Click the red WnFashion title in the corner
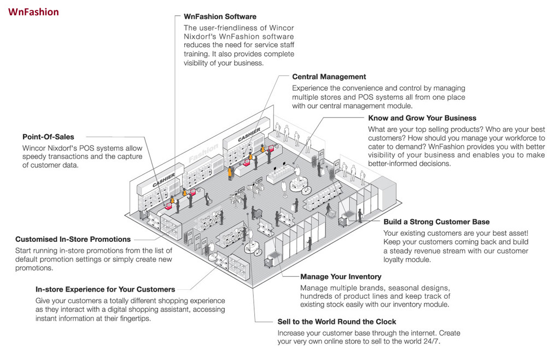[x=33, y=11]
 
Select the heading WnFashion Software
[x=220, y=16]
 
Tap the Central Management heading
[x=329, y=77]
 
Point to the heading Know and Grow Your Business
[x=422, y=118]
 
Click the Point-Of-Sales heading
[x=48, y=137]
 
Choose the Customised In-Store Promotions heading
[x=73, y=239]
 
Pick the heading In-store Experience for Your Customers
[x=105, y=289]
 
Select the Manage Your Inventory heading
[x=341, y=276]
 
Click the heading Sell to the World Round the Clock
[x=336, y=321]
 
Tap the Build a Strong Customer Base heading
[x=436, y=222]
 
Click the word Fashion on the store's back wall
[x=203, y=153]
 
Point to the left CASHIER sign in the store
[x=164, y=181]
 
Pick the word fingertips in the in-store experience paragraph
[x=133, y=318]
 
